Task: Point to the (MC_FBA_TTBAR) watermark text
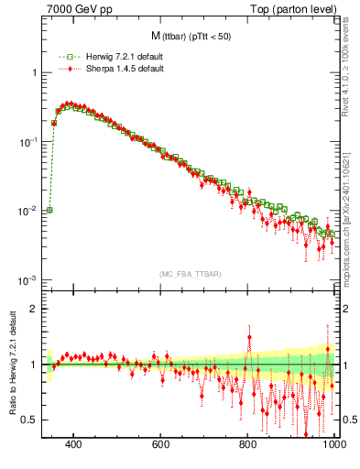click(x=190, y=274)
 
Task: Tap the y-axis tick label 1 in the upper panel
click(x=33, y=72)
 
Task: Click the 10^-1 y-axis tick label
click(x=27, y=142)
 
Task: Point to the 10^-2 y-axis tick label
click(x=27, y=211)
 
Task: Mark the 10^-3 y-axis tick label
click(x=27, y=279)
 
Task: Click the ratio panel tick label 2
click(x=33, y=309)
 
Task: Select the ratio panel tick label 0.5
click(x=29, y=420)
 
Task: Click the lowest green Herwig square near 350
click(x=49, y=210)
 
